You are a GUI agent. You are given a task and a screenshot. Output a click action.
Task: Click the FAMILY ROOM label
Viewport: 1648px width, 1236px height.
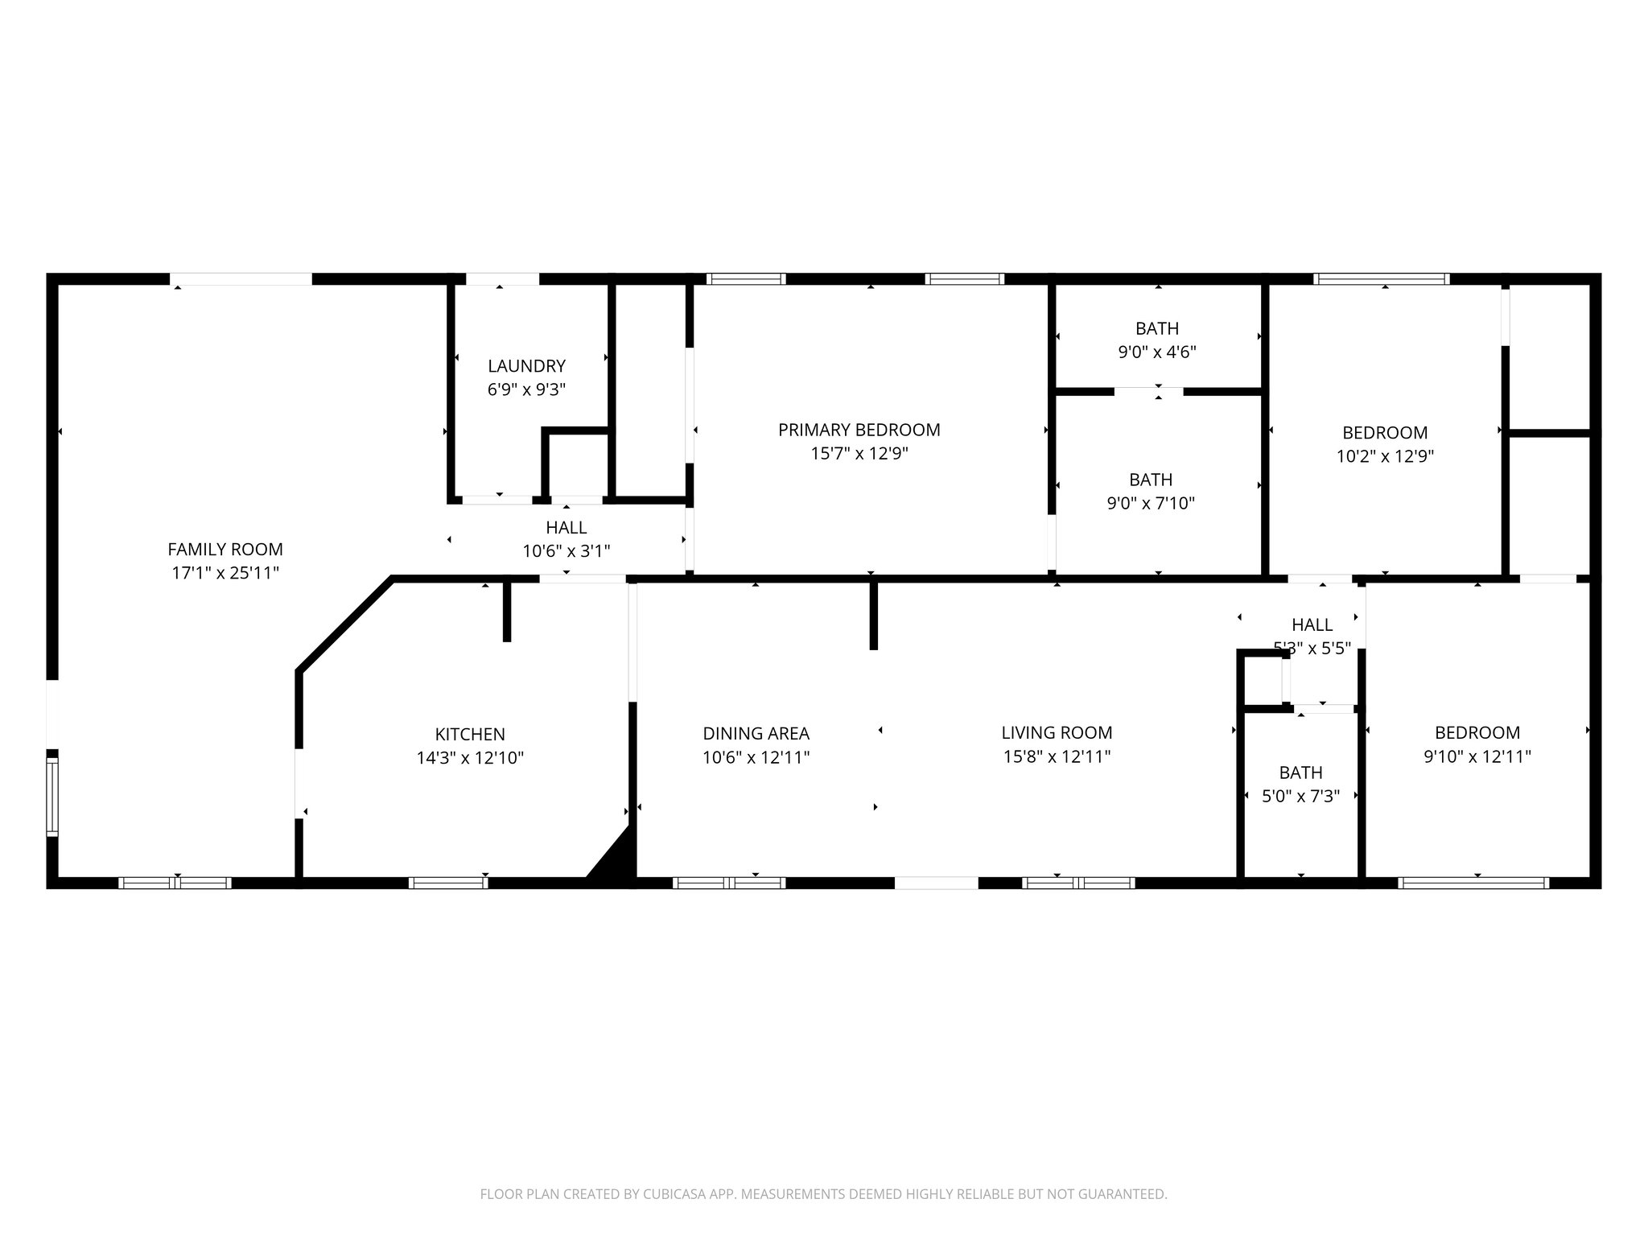[x=225, y=550]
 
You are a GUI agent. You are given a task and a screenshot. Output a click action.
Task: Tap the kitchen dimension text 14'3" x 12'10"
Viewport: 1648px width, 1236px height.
[x=470, y=758]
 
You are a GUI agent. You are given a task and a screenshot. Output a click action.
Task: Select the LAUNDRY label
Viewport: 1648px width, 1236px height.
[x=526, y=366]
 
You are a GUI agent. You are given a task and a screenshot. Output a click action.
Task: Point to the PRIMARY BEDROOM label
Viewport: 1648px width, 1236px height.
[x=859, y=430]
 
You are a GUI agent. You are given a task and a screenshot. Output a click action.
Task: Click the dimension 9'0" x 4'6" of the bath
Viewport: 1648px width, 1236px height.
[x=1157, y=352]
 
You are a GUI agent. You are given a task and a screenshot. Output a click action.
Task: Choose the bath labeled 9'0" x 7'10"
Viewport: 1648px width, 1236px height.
[x=1151, y=491]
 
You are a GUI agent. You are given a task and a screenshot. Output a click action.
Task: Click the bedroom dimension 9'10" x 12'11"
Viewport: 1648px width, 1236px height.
[x=1477, y=757]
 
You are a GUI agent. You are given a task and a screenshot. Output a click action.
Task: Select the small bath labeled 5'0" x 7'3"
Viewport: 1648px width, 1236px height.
[x=1300, y=785]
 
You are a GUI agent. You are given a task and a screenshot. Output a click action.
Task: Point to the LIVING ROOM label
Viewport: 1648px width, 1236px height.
[x=1057, y=733]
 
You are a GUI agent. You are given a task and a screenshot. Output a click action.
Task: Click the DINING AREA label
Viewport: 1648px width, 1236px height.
[x=756, y=734]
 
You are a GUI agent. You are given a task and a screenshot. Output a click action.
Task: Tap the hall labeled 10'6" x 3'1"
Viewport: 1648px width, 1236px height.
[x=566, y=539]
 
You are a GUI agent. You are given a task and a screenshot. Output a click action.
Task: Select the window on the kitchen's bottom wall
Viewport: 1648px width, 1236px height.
[x=448, y=883]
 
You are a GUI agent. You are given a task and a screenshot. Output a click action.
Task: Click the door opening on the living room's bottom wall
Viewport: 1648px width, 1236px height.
[x=936, y=883]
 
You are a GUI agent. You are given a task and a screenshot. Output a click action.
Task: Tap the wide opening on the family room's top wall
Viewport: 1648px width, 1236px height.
[x=241, y=279]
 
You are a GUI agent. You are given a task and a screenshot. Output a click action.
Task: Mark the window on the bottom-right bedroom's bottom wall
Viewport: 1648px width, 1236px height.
[x=1473, y=883]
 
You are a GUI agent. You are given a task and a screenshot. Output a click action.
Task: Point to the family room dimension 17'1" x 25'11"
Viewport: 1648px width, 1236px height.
[x=225, y=574]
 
